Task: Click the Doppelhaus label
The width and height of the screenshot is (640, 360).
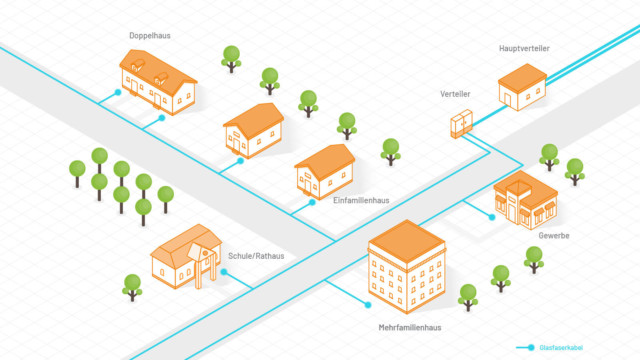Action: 150,36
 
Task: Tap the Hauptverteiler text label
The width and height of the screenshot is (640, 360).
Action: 524,48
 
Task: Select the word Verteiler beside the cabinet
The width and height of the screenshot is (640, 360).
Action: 455,94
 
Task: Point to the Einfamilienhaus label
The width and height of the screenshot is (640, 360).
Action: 361,200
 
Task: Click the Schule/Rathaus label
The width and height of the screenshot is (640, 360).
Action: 256,256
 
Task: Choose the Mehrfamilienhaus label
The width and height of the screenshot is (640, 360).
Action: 410,328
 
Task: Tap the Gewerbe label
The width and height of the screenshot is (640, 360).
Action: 554,236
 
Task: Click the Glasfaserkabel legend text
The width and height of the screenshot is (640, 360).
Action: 561,348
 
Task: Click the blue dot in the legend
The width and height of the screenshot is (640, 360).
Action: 531,348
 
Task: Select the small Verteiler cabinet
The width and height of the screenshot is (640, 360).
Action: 462,124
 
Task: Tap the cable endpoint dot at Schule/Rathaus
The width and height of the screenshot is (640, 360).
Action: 224,272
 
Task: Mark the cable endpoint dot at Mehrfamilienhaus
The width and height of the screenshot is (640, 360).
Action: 368,305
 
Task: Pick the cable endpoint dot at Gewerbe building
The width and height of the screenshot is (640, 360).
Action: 492,217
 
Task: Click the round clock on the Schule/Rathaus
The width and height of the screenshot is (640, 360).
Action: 205,253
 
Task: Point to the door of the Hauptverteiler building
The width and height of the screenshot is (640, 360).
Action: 508,100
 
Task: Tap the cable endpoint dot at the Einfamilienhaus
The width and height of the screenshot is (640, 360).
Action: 312,202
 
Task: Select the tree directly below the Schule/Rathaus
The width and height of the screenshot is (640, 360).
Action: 132,286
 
